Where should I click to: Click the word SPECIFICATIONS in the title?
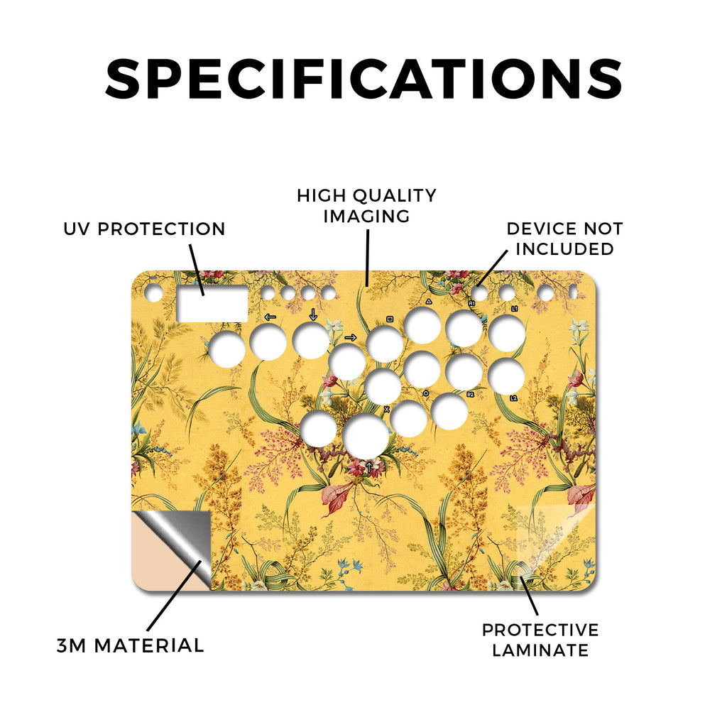(x=363, y=78)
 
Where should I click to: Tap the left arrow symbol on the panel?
(x=270, y=317)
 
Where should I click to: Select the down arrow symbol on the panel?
(x=313, y=315)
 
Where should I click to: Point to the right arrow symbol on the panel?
(x=351, y=337)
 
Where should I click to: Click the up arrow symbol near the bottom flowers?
(x=368, y=467)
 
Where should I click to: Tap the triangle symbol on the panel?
(x=429, y=302)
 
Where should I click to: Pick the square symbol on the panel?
(x=390, y=319)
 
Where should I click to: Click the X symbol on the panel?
(x=387, y=410)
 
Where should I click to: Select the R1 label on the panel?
(x=471, y=303)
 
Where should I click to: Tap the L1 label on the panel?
(x=515, y=308)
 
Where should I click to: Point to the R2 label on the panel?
(x=471, y=395)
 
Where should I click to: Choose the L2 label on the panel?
(x=513, y=398)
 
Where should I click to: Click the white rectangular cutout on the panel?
(x=212, y=304)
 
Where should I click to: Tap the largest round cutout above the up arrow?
(x=366, y=436)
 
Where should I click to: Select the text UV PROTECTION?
(x=144, y=229)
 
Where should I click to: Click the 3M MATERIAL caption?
(x=131, y=646)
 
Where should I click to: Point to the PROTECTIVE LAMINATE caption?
(x=540, y=640)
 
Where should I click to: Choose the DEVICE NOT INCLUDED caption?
(x=564, y=239)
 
